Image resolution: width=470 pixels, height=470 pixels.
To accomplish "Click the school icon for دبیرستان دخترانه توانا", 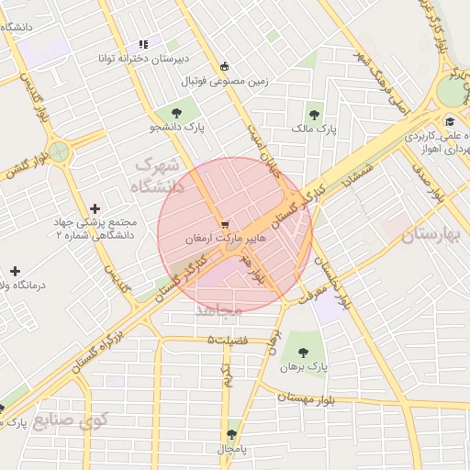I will coord(142,43).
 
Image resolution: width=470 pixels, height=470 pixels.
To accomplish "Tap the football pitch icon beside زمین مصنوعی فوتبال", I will coord(225,66).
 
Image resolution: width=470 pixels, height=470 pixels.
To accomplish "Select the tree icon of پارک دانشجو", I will coord(175,113).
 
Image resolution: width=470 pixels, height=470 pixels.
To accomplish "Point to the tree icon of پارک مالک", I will coord(315,115).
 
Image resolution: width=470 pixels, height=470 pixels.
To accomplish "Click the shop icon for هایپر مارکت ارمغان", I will coord(225,223).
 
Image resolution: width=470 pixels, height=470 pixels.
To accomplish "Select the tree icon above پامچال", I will coord(230,434).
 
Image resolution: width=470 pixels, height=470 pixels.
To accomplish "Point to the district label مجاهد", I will coord(218,311).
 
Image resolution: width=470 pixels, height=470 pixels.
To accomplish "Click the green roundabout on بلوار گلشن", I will coord(60,152).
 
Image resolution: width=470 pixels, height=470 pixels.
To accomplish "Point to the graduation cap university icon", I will coord(450,122).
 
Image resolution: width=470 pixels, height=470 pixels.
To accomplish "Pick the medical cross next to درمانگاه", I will coord(15,271).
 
